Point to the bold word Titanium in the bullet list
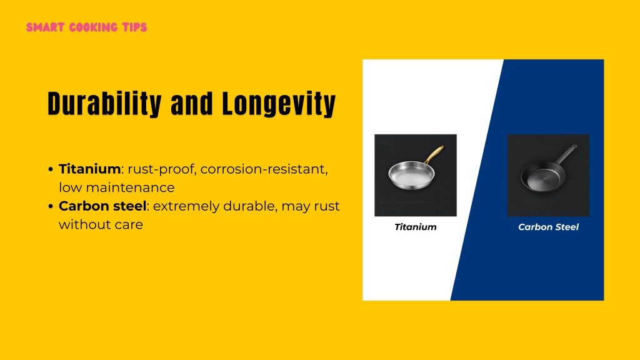(x=89, y=169)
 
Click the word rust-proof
(x=161, y=169)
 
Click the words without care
(x=101, y=224)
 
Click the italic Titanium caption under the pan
(x=415, y=227)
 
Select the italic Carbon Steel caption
(x=548, y=227)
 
